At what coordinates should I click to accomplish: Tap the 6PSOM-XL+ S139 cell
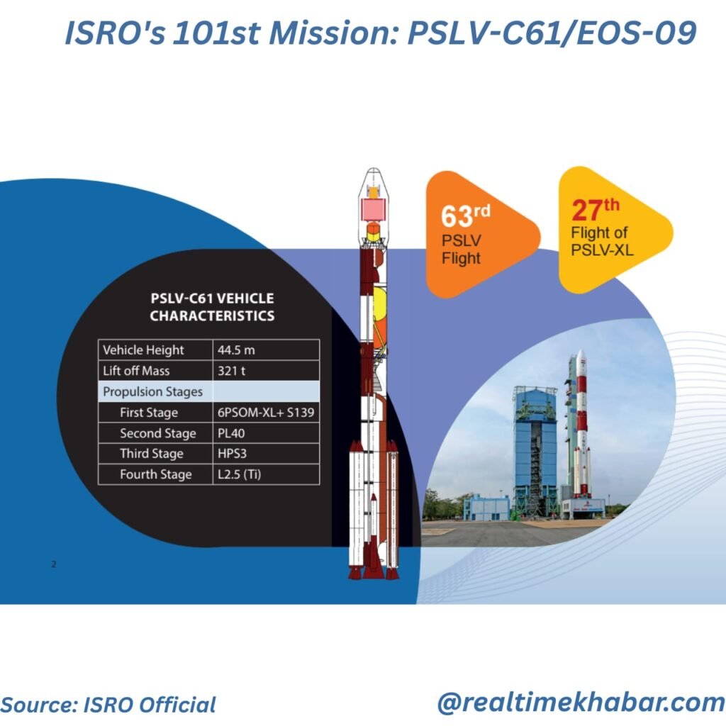click(x=266, y=413)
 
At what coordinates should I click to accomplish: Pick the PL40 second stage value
click(x=231, y=433)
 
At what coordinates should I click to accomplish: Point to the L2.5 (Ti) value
click(x=240, y=474)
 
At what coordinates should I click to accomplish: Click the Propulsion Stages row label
click(x=153, y=391)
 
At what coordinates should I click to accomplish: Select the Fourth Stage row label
click(x=155, y=474)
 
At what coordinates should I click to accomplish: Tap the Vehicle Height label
click(x=143, y=350)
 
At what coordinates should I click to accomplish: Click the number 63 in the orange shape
click(x=457, y=216)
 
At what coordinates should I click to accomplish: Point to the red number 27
click(x=587, y=210)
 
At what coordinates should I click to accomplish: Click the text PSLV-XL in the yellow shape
click(x=602, y=250)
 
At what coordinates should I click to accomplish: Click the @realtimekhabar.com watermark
click(x=581, y=703)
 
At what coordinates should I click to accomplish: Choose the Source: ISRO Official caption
click(x=108, y=705)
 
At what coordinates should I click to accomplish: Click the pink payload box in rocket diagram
click(x=373, y=210)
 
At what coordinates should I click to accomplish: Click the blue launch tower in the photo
click(x=535, y=452)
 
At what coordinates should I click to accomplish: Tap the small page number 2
click(x=54, y=564)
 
